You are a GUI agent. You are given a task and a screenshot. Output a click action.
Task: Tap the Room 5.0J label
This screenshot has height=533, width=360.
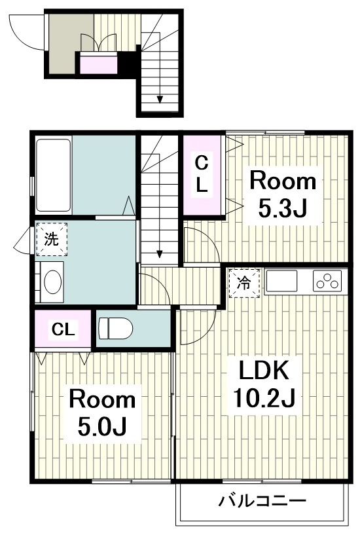tap(102, 413)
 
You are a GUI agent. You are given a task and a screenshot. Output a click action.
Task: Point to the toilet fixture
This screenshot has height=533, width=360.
tap(115, 328)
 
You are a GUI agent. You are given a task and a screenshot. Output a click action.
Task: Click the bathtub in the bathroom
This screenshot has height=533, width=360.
tap(53, 175)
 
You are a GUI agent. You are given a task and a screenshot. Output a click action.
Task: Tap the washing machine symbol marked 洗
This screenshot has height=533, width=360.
tap(52, 239)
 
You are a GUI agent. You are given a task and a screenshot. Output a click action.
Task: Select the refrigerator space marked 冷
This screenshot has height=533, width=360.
tap(244, 283)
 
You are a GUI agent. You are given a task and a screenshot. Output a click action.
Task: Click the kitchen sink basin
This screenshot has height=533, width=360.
tap(281, 281)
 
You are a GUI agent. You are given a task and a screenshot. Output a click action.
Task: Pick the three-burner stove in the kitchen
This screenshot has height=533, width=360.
tap(327, 281)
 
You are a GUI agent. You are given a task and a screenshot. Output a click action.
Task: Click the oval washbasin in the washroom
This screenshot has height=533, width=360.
tap(52, 282)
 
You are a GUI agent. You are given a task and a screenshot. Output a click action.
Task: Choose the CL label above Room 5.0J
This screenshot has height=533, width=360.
tap(63, 329)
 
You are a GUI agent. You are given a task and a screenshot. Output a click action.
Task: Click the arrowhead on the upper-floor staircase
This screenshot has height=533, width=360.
tap(159, 254)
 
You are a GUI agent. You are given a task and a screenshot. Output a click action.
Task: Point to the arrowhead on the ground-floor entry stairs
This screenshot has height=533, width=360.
tap(160, 100)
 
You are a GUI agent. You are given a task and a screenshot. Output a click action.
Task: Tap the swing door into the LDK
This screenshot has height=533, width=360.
tap(200, 326)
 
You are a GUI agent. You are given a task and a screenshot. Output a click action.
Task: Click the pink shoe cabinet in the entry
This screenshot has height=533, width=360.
tap(98, 65)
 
